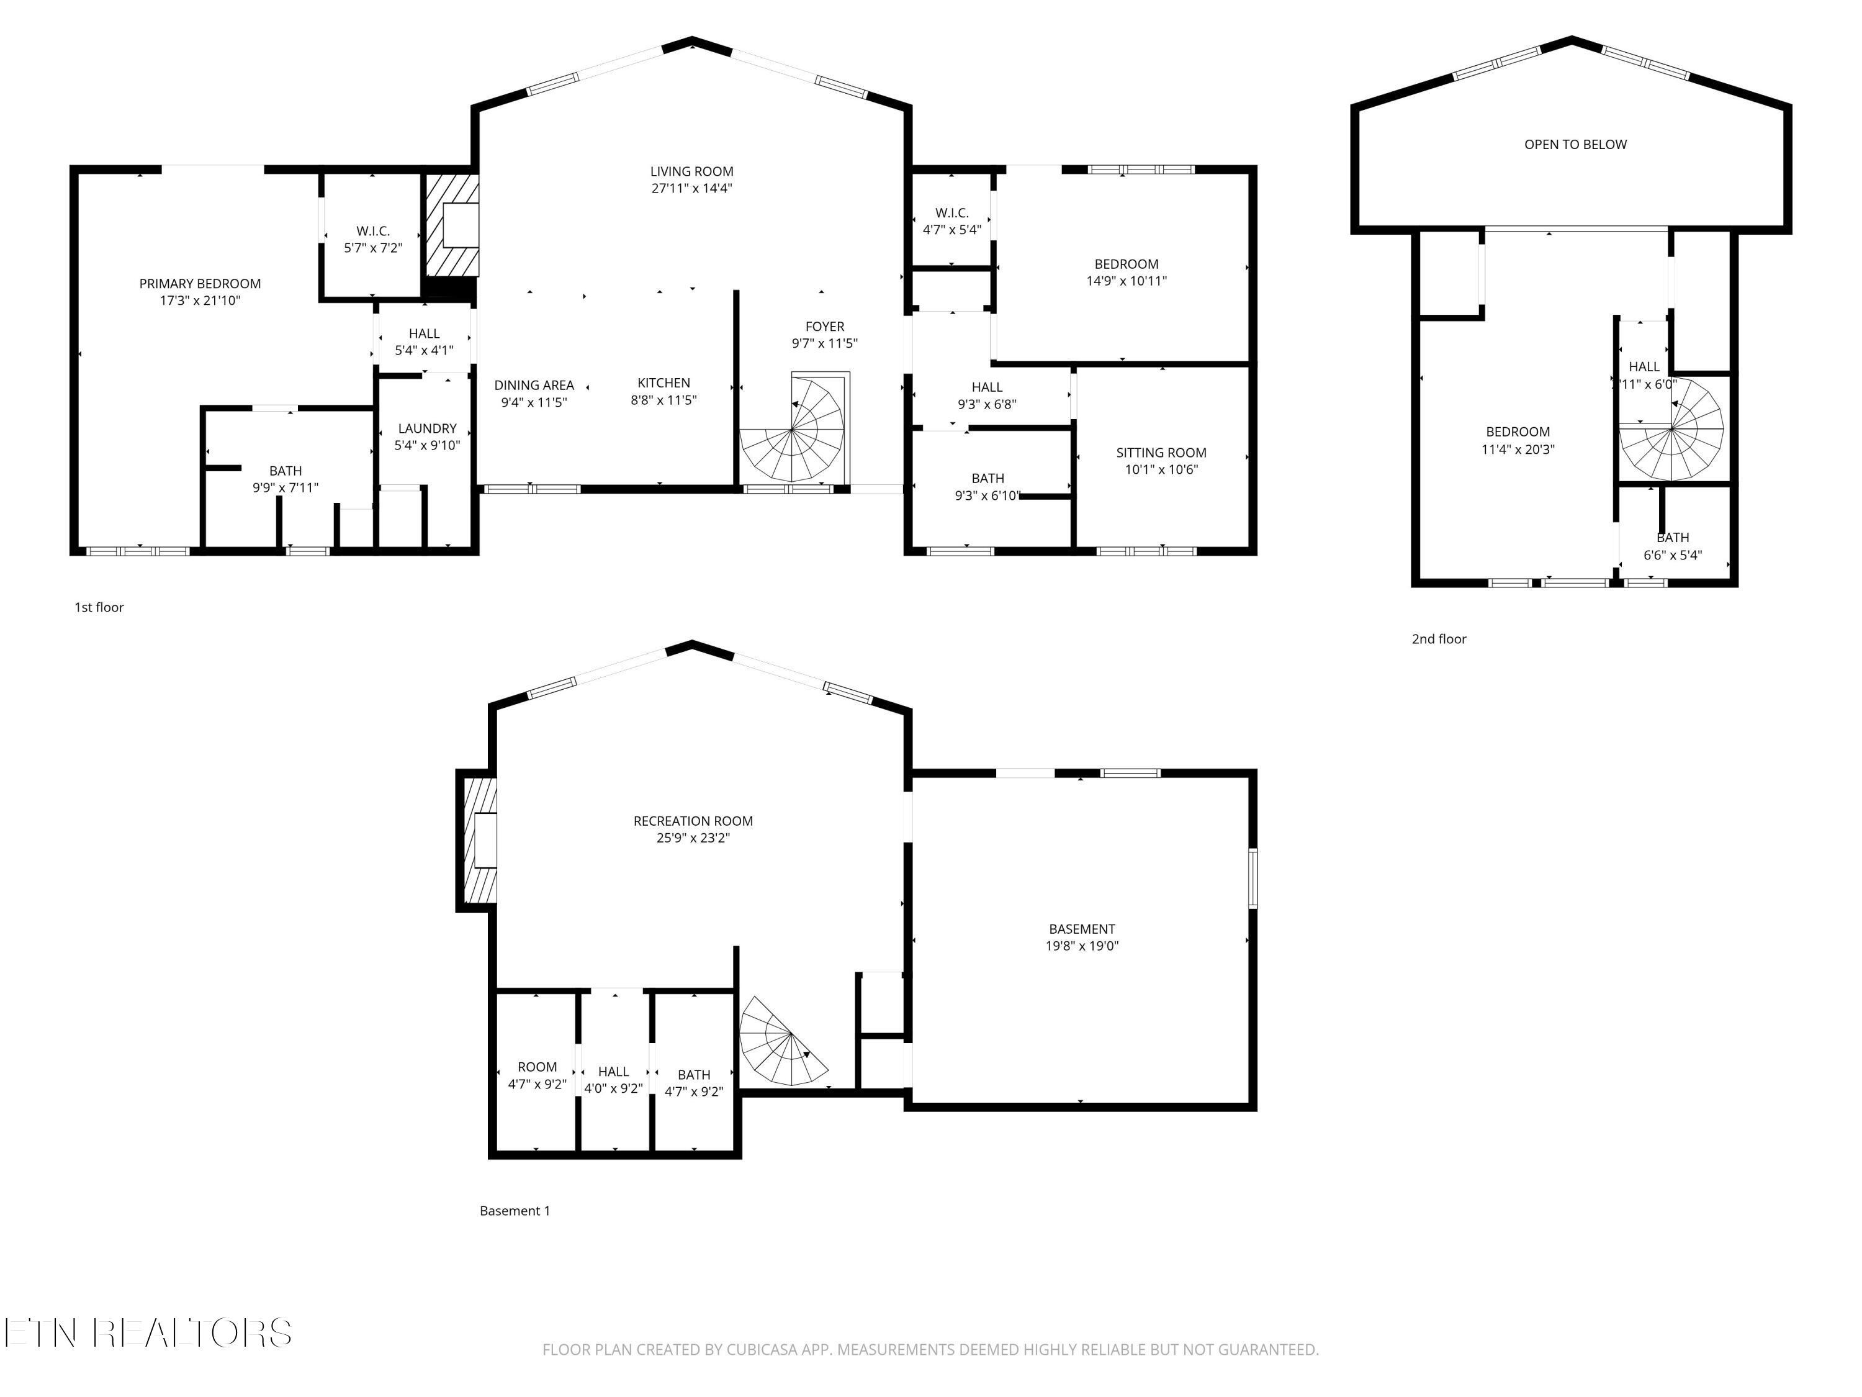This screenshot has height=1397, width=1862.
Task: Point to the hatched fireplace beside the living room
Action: point(451,225)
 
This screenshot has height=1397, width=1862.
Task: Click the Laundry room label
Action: point(427,428)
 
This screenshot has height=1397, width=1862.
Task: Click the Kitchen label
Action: point(663,383)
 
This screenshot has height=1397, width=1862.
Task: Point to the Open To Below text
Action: point(1575,145)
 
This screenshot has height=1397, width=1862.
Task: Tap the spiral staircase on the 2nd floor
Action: point(1671,430)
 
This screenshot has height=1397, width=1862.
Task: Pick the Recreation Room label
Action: point(693,821)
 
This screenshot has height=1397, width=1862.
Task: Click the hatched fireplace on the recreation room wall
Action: point(477,841)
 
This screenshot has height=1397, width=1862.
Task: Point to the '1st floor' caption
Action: point(99,607)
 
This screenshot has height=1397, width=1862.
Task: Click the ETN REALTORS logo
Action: point(148,1333)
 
